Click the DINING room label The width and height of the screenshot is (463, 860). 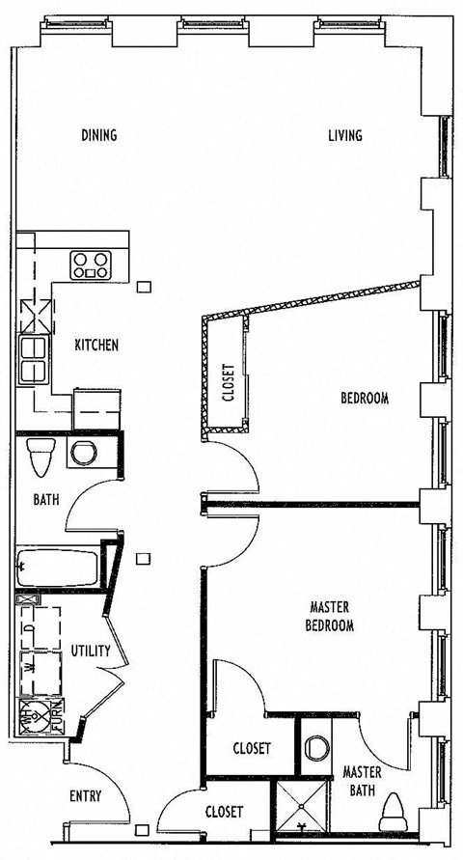99,135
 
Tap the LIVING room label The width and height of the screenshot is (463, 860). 344,135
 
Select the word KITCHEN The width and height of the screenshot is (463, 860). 96,345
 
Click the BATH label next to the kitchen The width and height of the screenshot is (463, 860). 45,500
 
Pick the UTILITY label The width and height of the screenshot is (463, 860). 90,651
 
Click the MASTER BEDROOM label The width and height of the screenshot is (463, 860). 330,616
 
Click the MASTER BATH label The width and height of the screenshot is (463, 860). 363,780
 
